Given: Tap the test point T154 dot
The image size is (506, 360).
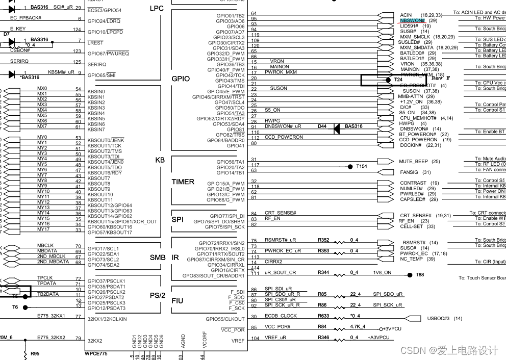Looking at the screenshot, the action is click(x=350, y=166).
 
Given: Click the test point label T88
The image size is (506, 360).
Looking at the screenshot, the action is click(x=420, y=275).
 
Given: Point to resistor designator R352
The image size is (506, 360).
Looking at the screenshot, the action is click(x=323, y=240).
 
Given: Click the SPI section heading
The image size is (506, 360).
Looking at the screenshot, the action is click(x=178, y=220).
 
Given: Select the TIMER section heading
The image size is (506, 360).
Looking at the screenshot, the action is click(x=183, y=182).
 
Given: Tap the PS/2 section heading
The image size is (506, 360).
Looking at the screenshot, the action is click(x=158, y=296).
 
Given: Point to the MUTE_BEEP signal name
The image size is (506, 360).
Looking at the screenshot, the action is click(x=413, y=161).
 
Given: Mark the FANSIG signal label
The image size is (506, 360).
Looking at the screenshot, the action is click(x=409, y=172).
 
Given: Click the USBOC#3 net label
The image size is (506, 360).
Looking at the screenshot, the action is click(x=438, y=319).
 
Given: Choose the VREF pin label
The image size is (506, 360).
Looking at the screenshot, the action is click(x=238, y=341).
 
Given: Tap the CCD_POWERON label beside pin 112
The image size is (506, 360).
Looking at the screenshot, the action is click(x=284, y=137).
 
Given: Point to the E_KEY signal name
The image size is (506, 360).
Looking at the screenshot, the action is click(x=18, y=29).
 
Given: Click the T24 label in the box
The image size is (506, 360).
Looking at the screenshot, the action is click(x=398, y=80).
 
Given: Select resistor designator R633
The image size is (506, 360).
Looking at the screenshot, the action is click(x=323, y=316).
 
